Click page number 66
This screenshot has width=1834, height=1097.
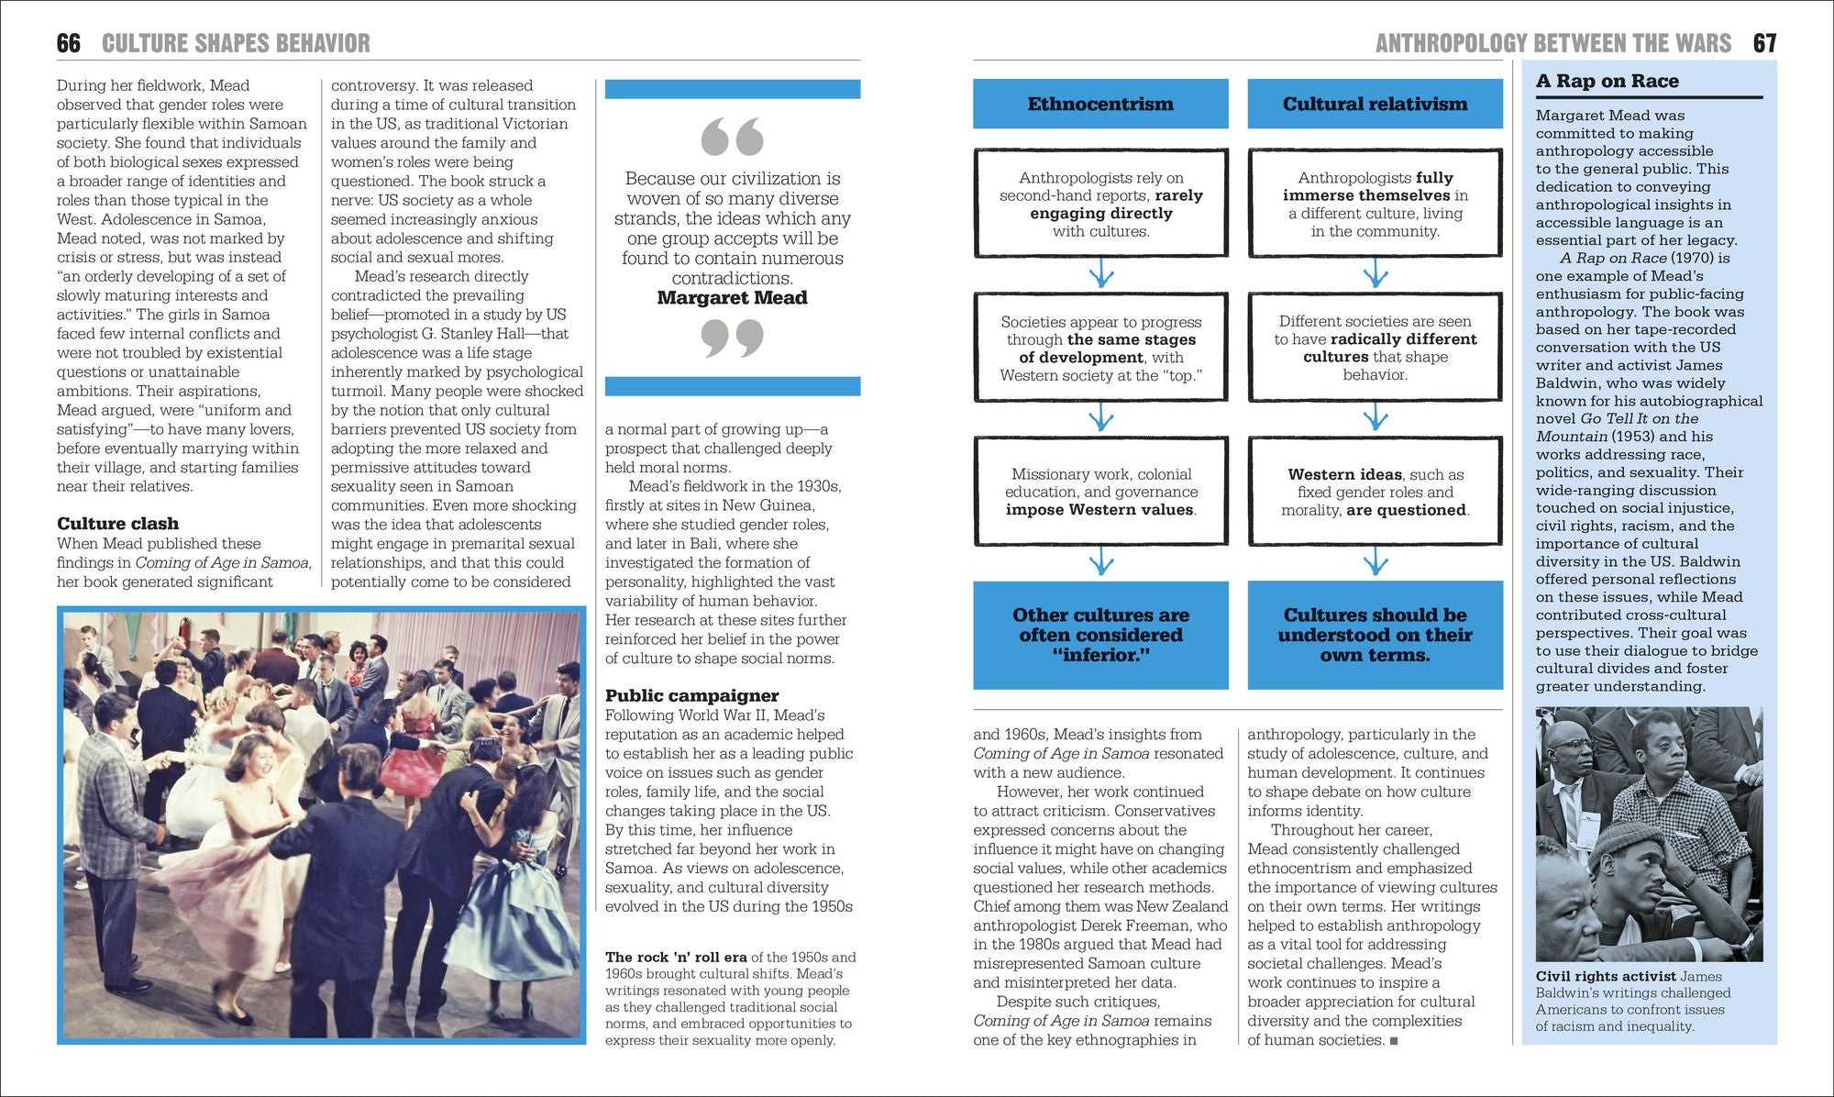click(x=68, y=43)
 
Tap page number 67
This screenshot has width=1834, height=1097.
click(x=1764, y=43)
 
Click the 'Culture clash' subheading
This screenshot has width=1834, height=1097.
click(x=117, y=524)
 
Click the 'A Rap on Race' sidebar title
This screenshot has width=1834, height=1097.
click(x=1607, y=81)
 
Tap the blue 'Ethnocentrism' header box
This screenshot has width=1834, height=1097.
click(x=1100, y=104)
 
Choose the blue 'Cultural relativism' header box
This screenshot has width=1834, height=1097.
click(x=1375, y=104)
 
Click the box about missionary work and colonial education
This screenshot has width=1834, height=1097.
click(x=1100, y=492)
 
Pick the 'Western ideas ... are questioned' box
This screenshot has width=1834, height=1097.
click(x=1375, y=492)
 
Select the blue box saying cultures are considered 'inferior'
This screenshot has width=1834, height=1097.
click(x=1100, y=635)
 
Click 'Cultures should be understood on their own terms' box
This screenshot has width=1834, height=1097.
click(x=1375, y=635)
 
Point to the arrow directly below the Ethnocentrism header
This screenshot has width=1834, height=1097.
click(x=1100, y=273)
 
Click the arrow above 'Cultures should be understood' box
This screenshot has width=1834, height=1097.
click(x=1375, y=561)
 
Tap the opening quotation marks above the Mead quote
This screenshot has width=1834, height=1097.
click(x=732, y=137)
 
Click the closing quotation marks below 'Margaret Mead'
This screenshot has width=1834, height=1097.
click(x=732, y=338)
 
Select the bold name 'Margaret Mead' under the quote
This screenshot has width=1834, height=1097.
click(x=732, y=298)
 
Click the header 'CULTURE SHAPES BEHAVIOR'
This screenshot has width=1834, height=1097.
click(x=236, y=43)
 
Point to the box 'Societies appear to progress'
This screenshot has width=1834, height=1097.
click(x=1100, y=348)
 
